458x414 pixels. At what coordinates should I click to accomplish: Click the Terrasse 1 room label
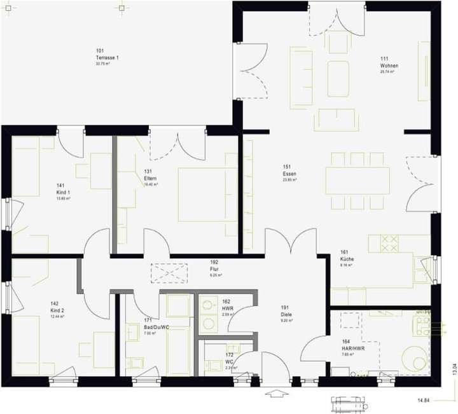coord(107,57)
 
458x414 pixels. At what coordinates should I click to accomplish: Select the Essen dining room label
coord(290,174)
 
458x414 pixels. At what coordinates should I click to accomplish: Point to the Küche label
coord(347,259)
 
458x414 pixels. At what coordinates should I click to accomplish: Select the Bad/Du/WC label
coord(156,328)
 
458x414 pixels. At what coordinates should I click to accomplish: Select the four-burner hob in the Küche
coord(389,244)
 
